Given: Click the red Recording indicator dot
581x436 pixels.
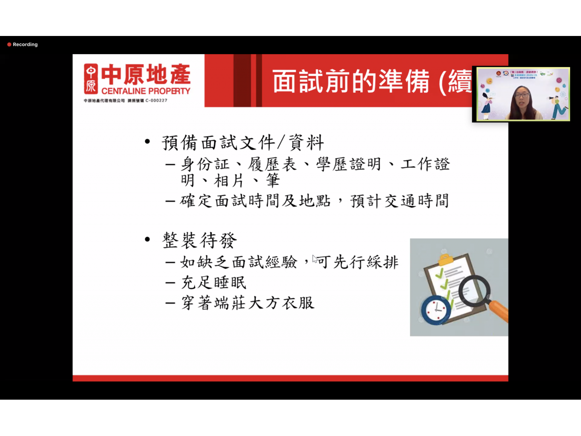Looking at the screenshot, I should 9,44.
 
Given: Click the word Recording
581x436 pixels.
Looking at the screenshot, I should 25,44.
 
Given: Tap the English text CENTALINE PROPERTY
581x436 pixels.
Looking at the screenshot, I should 146,91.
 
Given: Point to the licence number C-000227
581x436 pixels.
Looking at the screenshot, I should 156,101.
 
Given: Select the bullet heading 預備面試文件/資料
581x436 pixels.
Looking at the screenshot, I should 243,142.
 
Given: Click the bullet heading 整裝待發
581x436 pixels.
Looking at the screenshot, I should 199,240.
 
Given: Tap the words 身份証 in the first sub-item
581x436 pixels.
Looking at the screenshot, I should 205,164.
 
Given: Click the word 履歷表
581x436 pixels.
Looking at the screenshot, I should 272,164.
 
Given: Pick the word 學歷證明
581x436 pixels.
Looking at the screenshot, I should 349,164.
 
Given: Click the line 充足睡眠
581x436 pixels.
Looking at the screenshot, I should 214,282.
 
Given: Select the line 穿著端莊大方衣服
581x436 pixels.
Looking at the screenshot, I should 248,303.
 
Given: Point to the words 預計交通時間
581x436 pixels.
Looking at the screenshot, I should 399,201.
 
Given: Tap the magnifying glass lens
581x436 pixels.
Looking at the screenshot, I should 474,291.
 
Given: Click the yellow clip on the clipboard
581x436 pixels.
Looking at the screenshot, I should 446,259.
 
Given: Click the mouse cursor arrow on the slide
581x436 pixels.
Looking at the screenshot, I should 314,258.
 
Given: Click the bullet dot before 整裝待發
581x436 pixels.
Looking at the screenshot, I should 147,239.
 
